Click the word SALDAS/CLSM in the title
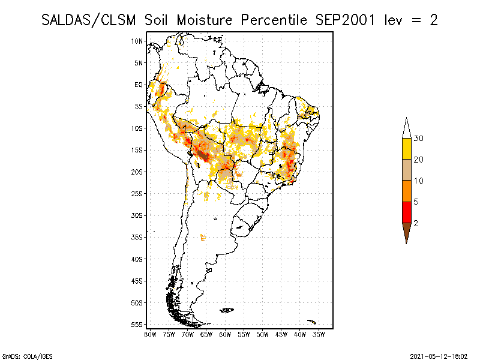point(90,20)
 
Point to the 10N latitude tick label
point(137,41)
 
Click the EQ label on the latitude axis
point(139,85)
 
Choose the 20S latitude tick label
point(137,172)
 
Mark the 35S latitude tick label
point(137,237)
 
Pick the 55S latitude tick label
point(137,324)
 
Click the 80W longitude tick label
point(150,334)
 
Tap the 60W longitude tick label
point(225,334)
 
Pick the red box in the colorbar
point(406,212)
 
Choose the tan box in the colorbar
point(406,170)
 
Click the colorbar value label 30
point(419,139)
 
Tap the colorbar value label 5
point(416,202)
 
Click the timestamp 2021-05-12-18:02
point(440,355)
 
